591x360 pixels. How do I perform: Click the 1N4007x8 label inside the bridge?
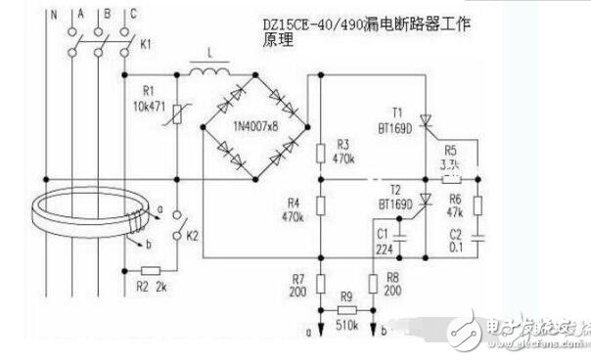click(x=253, y=127)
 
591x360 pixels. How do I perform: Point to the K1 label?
click(x=147, y=45)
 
